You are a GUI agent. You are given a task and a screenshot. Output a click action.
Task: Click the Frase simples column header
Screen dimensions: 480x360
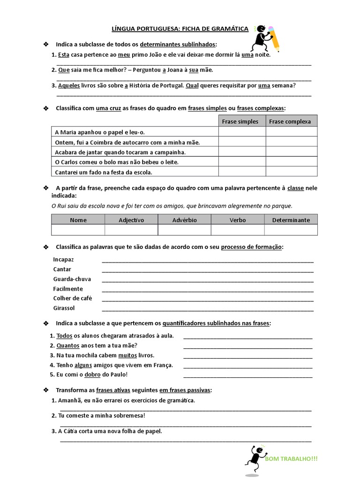(240, 121)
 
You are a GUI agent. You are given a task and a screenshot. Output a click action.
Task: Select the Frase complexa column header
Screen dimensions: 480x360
(290, 121)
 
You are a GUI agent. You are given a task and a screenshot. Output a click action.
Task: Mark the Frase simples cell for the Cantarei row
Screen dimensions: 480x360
(242, 172)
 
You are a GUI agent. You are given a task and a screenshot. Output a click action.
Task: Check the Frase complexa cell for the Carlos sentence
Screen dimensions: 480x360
(291, 162)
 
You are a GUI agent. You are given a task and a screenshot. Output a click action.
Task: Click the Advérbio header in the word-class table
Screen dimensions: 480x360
(185, 220)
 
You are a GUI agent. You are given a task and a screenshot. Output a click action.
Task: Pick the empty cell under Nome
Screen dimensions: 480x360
(78, 230)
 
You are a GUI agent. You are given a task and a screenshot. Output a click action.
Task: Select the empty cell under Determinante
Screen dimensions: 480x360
(291, 230)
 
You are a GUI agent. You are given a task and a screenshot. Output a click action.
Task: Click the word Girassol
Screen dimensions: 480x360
(64, 308)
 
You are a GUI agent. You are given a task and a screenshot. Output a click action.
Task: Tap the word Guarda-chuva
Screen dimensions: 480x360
(72, 279)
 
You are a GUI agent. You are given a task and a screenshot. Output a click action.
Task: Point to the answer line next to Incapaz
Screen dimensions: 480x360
(207, 261)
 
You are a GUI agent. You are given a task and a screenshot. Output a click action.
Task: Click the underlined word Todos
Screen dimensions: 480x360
(64, 336)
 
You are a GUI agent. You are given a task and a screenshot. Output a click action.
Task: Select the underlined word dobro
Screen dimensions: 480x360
(94, 375)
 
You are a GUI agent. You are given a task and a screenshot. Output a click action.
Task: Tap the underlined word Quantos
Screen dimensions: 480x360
(67, 345)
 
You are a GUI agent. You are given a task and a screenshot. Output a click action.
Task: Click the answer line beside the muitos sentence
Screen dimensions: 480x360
(247, 358)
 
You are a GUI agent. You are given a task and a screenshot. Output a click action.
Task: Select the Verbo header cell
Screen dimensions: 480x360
(238, 220)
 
